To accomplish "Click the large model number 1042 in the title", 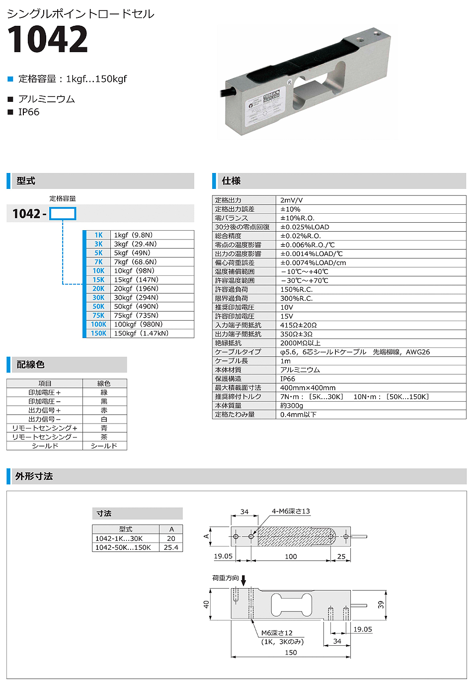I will coord(48,39).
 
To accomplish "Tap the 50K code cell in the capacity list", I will coord(98,307).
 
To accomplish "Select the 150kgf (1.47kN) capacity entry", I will coord(141,334).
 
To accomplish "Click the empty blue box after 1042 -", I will coord(63,214).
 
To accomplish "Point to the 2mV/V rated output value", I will coord(291,200).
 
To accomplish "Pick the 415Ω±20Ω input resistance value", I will coord(298,325).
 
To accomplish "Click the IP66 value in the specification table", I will coord(288,379).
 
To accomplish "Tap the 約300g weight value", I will coord(292,406).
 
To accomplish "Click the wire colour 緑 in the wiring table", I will coord(104,393).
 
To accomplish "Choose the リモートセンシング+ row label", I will coord(45,428).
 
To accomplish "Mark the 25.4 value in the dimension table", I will coord(171,547).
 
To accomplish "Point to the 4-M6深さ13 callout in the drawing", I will coord(291,511).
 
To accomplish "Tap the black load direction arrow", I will coord(243,580).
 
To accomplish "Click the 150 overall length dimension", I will coord(291,653).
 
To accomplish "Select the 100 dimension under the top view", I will coord(291,557).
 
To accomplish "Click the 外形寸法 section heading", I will coord(34,476).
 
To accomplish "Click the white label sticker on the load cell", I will coord(264,104).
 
